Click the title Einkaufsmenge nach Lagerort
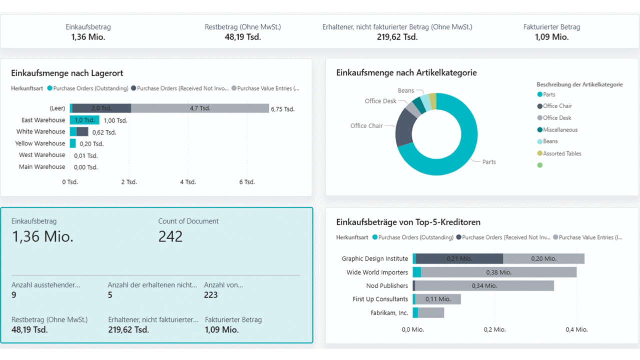67,73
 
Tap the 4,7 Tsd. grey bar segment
200,108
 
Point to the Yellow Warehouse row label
40,143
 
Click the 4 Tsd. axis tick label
188,182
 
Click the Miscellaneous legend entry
560,130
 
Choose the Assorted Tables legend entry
562,153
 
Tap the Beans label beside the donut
406,90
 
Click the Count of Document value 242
171,236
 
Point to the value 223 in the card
211,295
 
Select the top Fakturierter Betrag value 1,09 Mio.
551,37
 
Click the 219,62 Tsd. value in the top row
397,37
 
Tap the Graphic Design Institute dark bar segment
459,258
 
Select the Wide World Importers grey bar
498,272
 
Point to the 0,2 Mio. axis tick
495,329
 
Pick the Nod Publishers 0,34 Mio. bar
484,285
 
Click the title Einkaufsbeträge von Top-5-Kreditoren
408,222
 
